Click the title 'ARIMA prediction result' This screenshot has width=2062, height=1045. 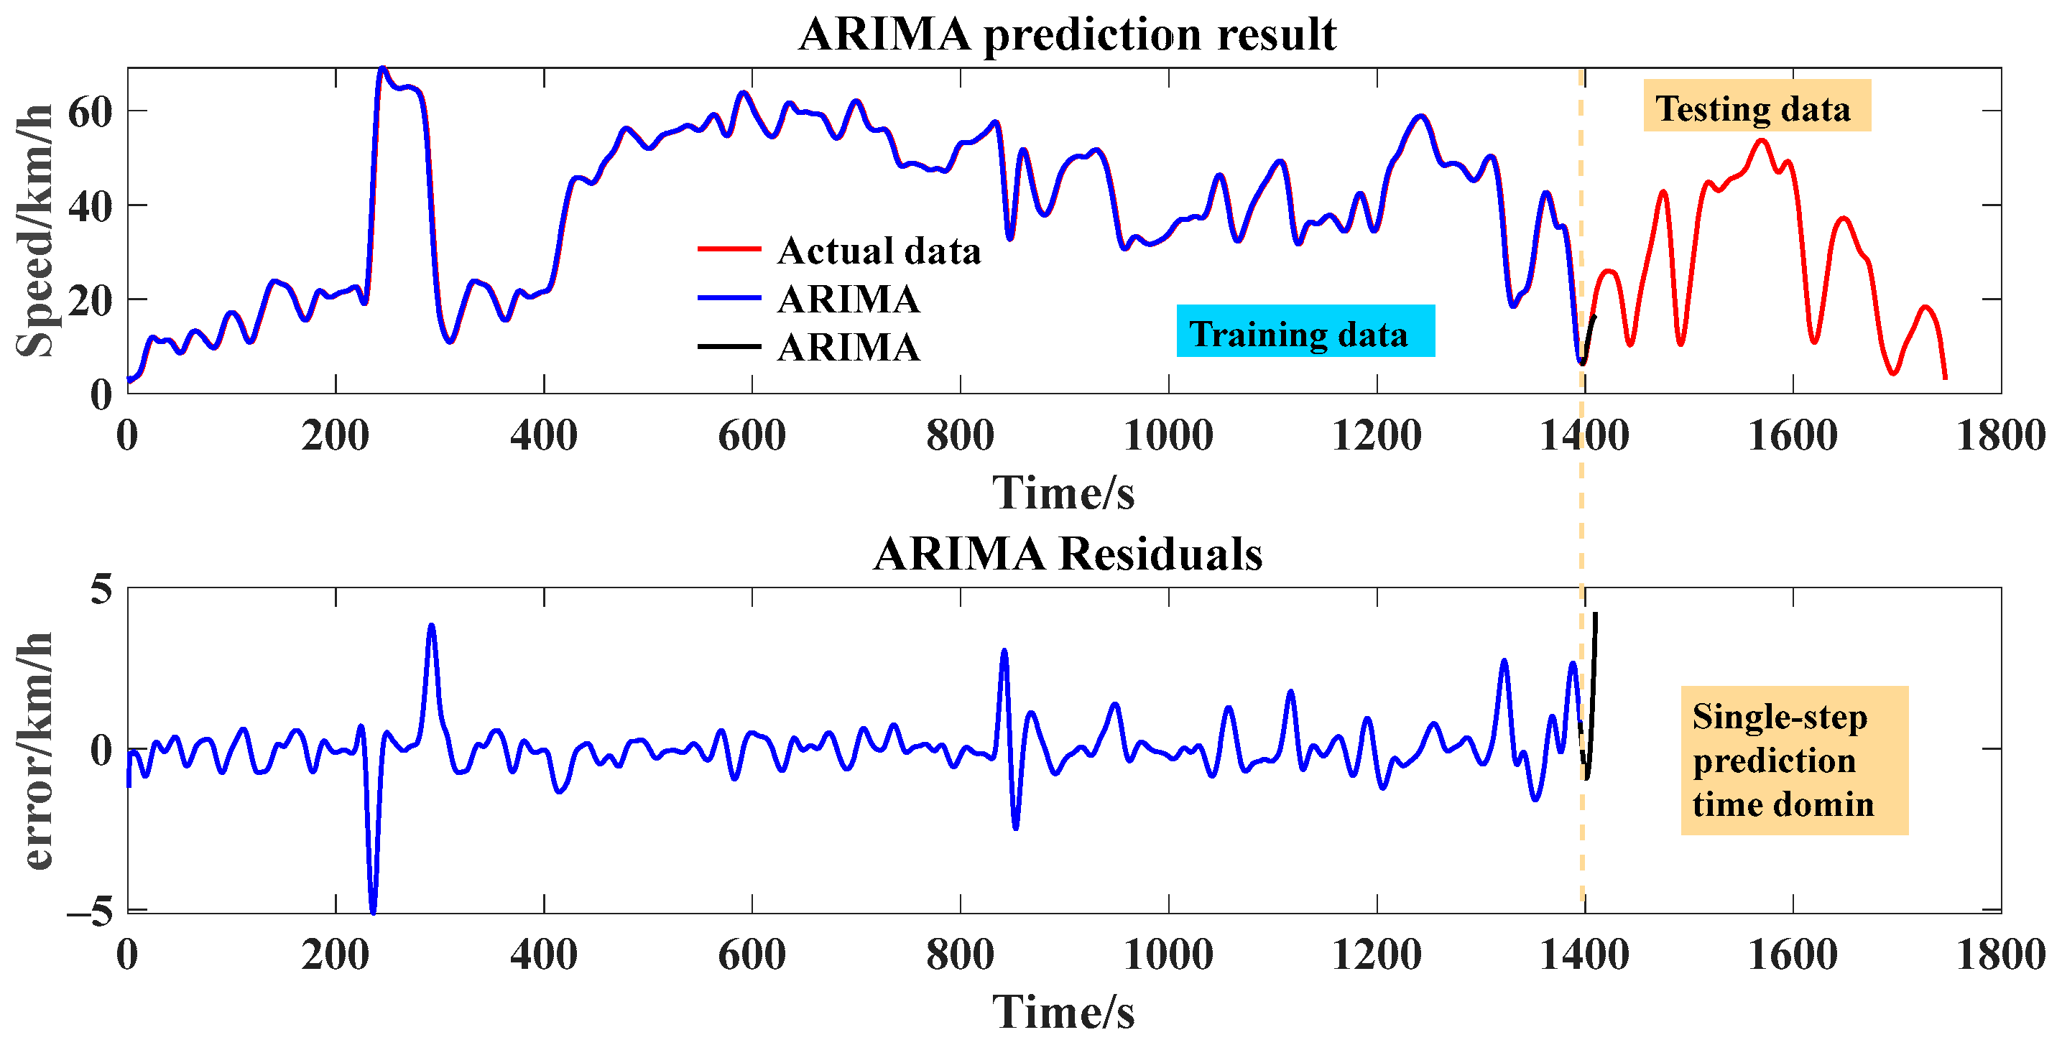pyautogui.click(x=1067, y=34)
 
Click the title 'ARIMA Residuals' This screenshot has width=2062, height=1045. pyautogui.click(x=1067, y=554)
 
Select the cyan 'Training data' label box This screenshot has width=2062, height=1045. pyautogui.click(x=1305, y=331)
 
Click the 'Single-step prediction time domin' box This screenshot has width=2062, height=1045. pyautogui.click(x=1793, y=761)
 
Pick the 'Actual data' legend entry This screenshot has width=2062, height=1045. pyautogui.click(x=878, y=251)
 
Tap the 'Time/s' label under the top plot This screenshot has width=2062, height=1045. pyautogui.click(x=1063, y=491)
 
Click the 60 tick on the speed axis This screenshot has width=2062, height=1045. pyautogui.click(x=90, y=111)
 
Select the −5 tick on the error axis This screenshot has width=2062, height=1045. pyautogui.click(x=90, y=911)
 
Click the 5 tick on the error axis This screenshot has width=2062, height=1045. pyautogui.click(x=101, y=590)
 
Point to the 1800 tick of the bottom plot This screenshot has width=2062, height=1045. pyautogui.click(x=1999, y=954)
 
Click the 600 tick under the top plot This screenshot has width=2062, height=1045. pyautogui.click(x=751, y=435)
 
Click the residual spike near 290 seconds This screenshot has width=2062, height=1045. pyautogui.click(x=432, y=626)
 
